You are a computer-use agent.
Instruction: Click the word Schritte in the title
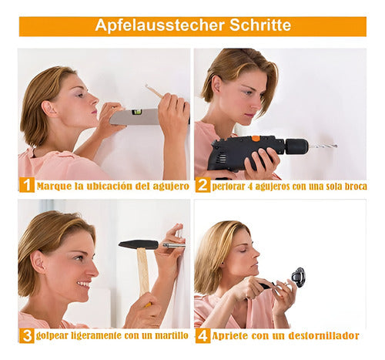[x=260, y=25]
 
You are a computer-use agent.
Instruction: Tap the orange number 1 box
[x=27, y=185]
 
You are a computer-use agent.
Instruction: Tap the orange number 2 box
[x=203, y=185]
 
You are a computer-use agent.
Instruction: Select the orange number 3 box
[x=27, y=335]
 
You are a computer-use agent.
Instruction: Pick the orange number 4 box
[x=203, y=335]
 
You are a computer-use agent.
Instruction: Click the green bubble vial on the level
[x=136, y=112]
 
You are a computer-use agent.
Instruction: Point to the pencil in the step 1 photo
[x=154, y=91]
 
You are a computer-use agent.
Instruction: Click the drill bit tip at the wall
[x=336, y=146]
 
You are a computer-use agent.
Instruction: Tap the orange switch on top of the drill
[x=256, y=139]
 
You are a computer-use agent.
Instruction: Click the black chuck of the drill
[x=296, y=146]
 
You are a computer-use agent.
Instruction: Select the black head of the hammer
[x=139, y=244]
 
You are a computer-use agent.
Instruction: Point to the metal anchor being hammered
[x=174, y=245]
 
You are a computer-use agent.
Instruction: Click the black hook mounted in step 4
[x=298, y=278]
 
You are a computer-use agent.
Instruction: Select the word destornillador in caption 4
[x=323, y=335]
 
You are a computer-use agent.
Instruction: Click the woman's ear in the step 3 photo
[x=37, y=263]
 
